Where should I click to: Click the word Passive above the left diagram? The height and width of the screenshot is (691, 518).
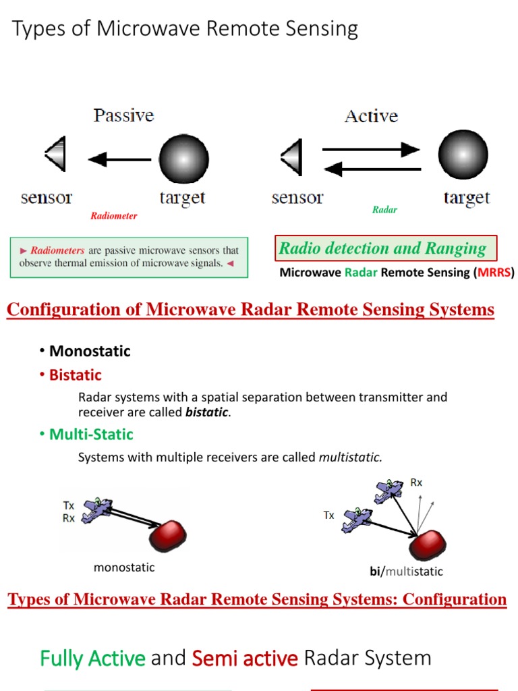[123, 115]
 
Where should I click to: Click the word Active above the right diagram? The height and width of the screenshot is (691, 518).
[371, 116]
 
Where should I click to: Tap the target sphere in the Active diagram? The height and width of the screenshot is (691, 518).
[463, 155]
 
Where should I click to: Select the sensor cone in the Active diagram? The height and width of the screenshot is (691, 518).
[291, 157]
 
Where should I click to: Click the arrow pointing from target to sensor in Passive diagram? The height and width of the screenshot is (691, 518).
[119, 160]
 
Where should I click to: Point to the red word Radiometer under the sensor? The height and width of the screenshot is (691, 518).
[113, 216]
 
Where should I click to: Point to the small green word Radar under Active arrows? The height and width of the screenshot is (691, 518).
[384, 210]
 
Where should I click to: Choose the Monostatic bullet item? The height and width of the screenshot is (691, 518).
[90, 351]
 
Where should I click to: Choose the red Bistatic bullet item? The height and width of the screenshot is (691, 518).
[75, 375]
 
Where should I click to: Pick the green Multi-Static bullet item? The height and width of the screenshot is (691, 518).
[91, 434]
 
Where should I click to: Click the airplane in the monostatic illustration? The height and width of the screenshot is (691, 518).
[96, 511]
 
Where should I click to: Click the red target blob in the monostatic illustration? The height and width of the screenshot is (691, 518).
[167, 534]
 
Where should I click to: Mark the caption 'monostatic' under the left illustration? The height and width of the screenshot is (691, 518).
[124, 568]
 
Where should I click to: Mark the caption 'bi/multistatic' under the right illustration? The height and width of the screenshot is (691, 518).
[406, 572]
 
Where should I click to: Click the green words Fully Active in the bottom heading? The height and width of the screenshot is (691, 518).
[92, 658]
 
